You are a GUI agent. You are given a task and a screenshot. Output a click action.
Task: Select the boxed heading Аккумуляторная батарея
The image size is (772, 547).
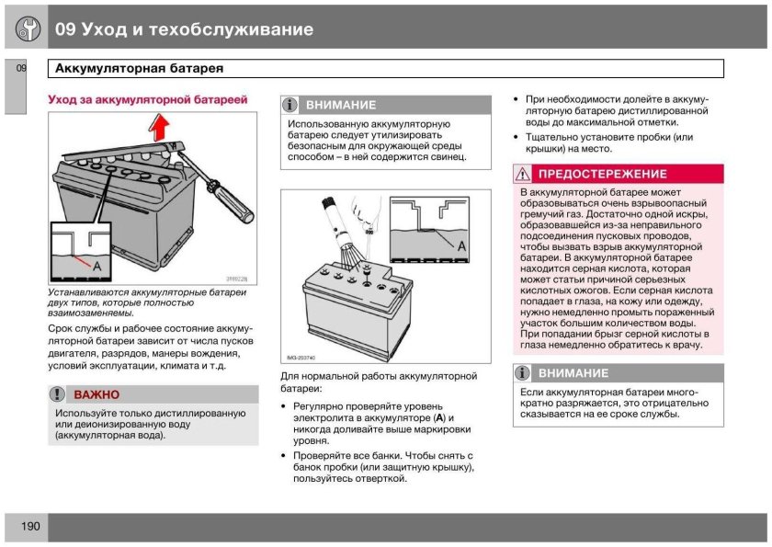pyautogui.click(x=140, y=69)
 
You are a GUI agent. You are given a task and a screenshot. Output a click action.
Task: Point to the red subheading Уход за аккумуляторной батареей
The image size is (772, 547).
pyautogui.click(x=147, y=98)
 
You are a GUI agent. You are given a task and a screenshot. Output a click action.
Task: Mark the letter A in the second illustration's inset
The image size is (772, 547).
pyautogui.click(x=460, y=247)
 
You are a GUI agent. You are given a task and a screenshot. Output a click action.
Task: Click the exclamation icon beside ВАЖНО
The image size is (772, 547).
pyautogui.click(x=58, y=394)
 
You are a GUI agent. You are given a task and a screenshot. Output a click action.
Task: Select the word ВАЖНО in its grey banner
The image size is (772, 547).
pyautogui.click(x=96, y=394)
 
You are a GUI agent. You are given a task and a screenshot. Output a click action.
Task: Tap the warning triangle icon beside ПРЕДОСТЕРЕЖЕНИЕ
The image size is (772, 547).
pyautogui.click(x=523, y=174)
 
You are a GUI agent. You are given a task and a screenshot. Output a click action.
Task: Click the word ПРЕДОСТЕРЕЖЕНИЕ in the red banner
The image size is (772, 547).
pyautogui.click(x=602, y=174)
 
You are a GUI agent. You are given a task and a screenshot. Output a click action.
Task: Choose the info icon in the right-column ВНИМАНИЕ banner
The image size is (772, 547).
pyautogui.click(x=523, y=373)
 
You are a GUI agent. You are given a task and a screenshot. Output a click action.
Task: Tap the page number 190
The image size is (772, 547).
pyautogui.click(x=28, y=527)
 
